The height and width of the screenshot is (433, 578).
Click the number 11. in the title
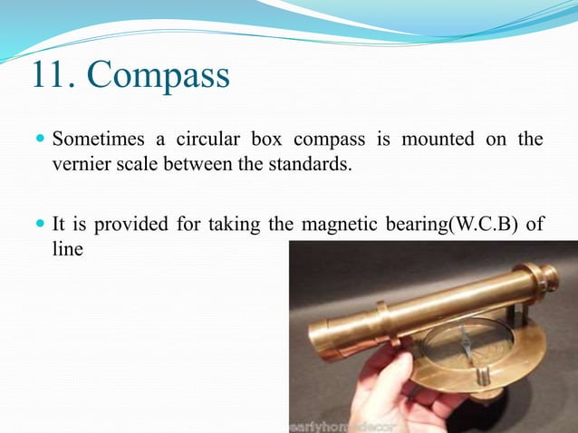click(56, 75)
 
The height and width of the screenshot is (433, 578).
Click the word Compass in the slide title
click(159, 77)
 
